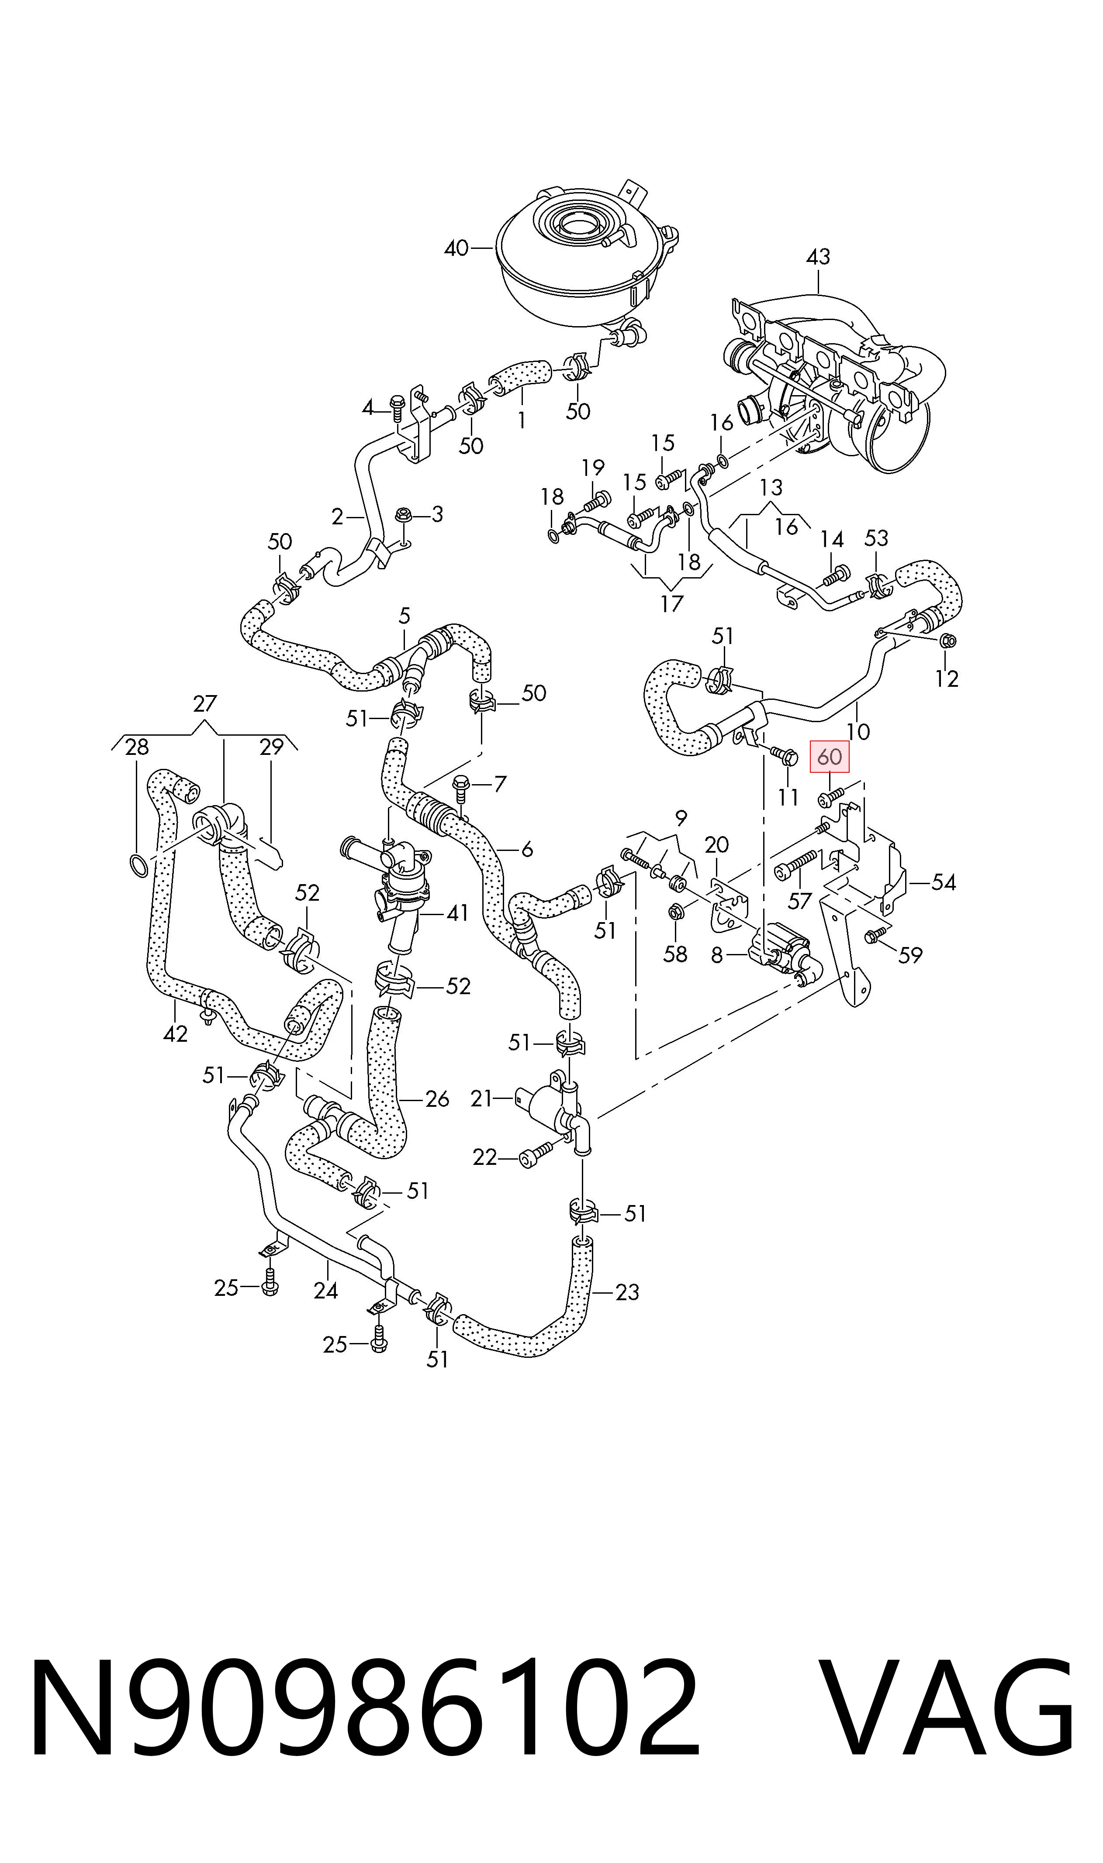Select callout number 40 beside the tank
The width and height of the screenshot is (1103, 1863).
coord(456,248)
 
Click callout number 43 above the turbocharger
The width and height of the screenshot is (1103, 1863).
coord(818,257)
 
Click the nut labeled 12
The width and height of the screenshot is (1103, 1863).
coord(947,641)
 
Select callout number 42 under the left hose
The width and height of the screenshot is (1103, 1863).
coord(176,1033)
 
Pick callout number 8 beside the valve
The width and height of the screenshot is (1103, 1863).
coord(716,955)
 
